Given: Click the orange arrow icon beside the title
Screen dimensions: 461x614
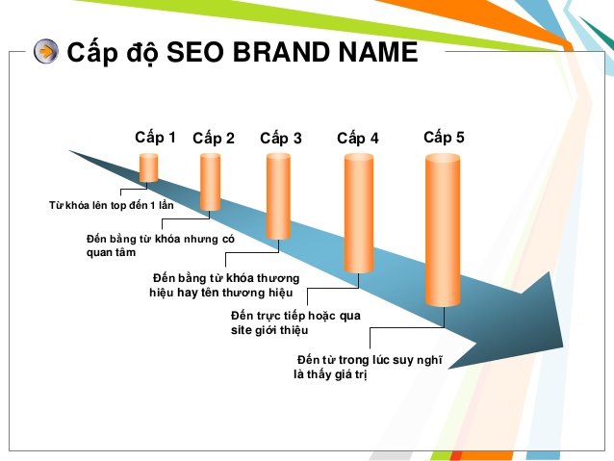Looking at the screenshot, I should point(45,52).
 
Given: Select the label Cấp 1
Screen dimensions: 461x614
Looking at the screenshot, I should point(155,137).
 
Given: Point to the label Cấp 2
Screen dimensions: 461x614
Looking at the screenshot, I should point(214,139).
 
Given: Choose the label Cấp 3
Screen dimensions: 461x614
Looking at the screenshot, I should point(281,139).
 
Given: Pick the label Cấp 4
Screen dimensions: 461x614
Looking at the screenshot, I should point(358,139).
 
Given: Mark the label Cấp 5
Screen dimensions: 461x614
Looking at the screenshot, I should point(444,138).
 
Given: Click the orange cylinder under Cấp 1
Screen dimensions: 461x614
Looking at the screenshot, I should point(148,166).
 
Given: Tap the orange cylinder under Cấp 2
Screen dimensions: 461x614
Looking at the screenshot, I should point(211,182).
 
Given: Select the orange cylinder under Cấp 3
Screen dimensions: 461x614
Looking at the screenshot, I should point(278,196).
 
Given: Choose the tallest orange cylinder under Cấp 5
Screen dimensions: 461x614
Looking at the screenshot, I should point(443,231).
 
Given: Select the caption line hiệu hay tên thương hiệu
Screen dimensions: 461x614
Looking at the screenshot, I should point(220,293).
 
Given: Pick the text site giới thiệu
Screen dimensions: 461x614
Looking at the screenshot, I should point(269,330).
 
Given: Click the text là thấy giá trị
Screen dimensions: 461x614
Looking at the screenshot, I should point(330,375).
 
